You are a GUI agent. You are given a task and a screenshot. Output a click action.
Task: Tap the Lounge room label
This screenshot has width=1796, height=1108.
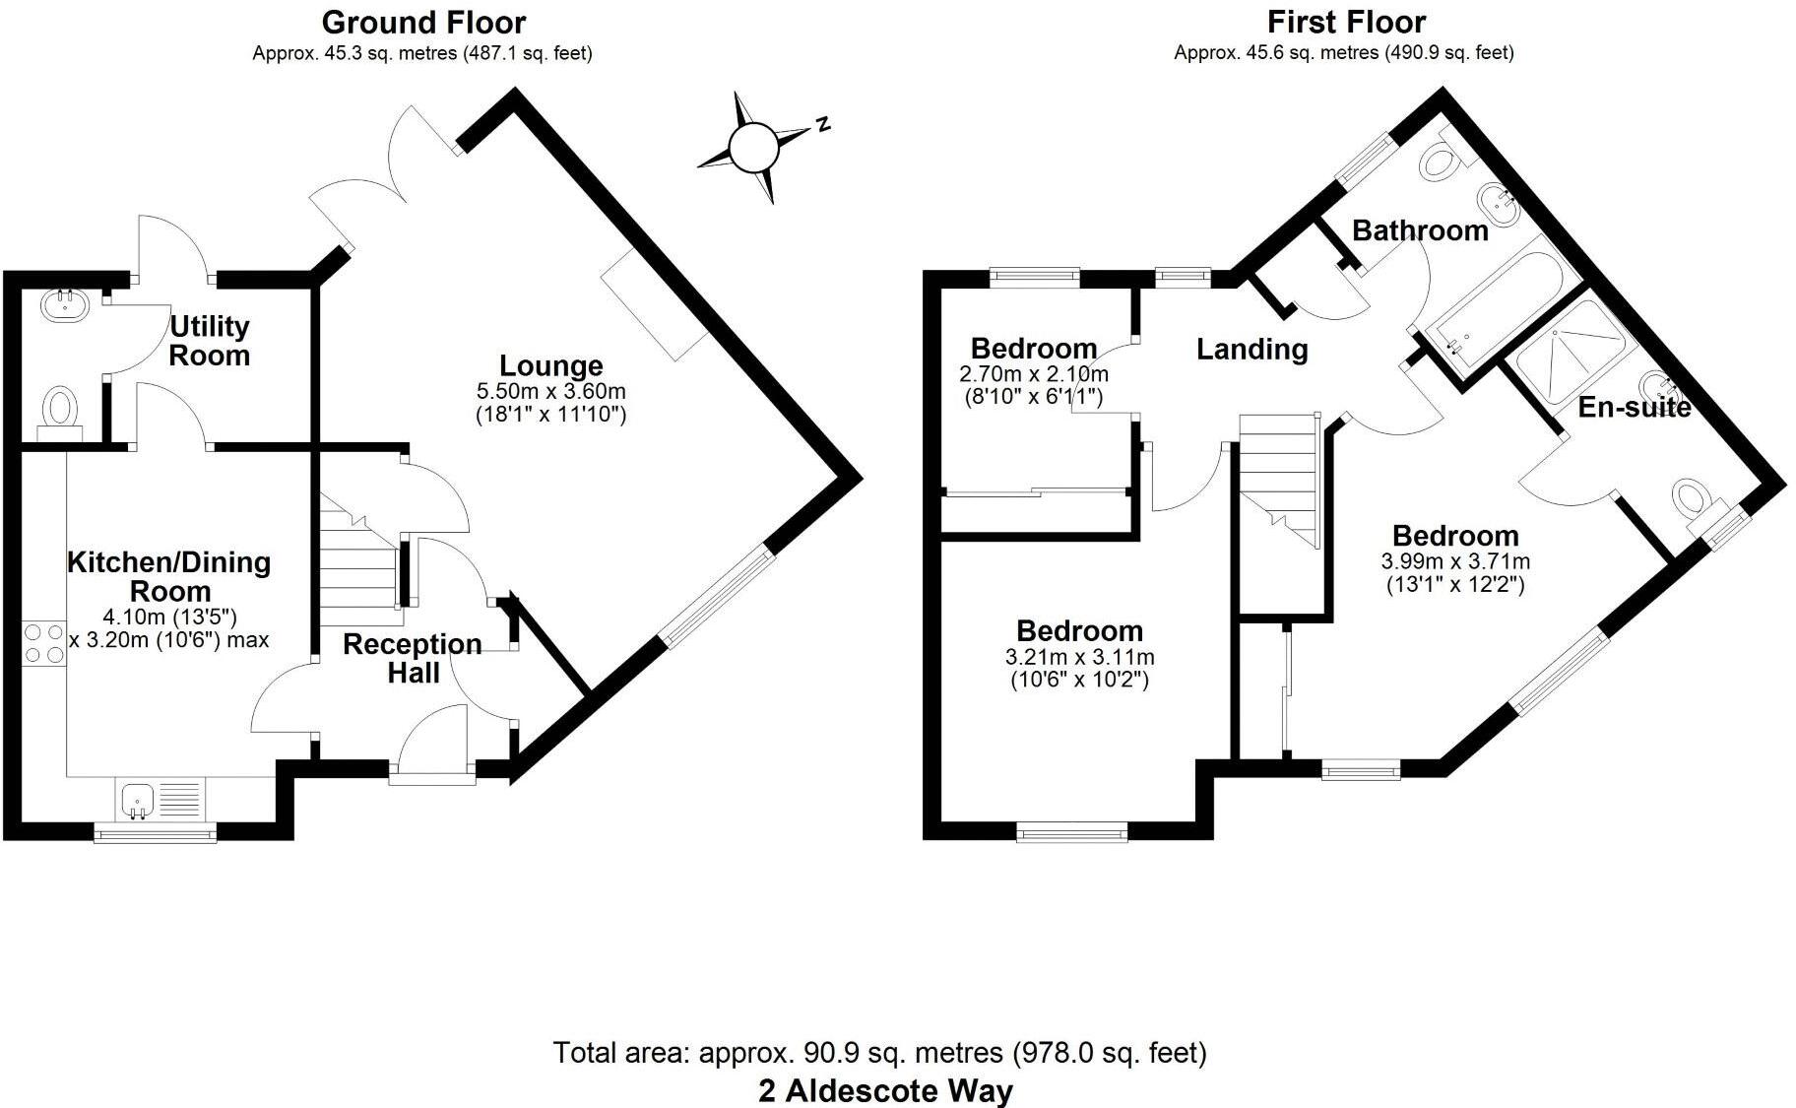tap(550, 365)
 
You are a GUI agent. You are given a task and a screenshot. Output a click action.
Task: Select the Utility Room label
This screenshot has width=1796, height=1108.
tap(210, 340)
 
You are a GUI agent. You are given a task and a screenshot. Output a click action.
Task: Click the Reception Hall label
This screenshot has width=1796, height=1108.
tap(413, 658)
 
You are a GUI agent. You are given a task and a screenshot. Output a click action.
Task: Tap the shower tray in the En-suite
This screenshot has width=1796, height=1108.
tap(1571, 351)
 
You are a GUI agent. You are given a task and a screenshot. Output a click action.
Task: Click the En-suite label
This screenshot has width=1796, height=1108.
tap(1634, 407)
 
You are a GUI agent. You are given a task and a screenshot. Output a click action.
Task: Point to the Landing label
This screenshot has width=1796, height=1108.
tap(1251, 349)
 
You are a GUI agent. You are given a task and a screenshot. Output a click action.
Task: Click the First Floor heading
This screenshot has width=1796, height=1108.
tap(1346, 21)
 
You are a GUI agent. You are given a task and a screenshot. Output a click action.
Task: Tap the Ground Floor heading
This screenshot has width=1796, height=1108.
tap(423, 21)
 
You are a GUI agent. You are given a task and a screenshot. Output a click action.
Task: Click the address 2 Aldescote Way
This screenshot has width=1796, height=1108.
tap(884, 1091)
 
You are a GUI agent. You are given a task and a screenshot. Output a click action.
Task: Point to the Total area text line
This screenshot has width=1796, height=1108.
tap(879, 1053)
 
